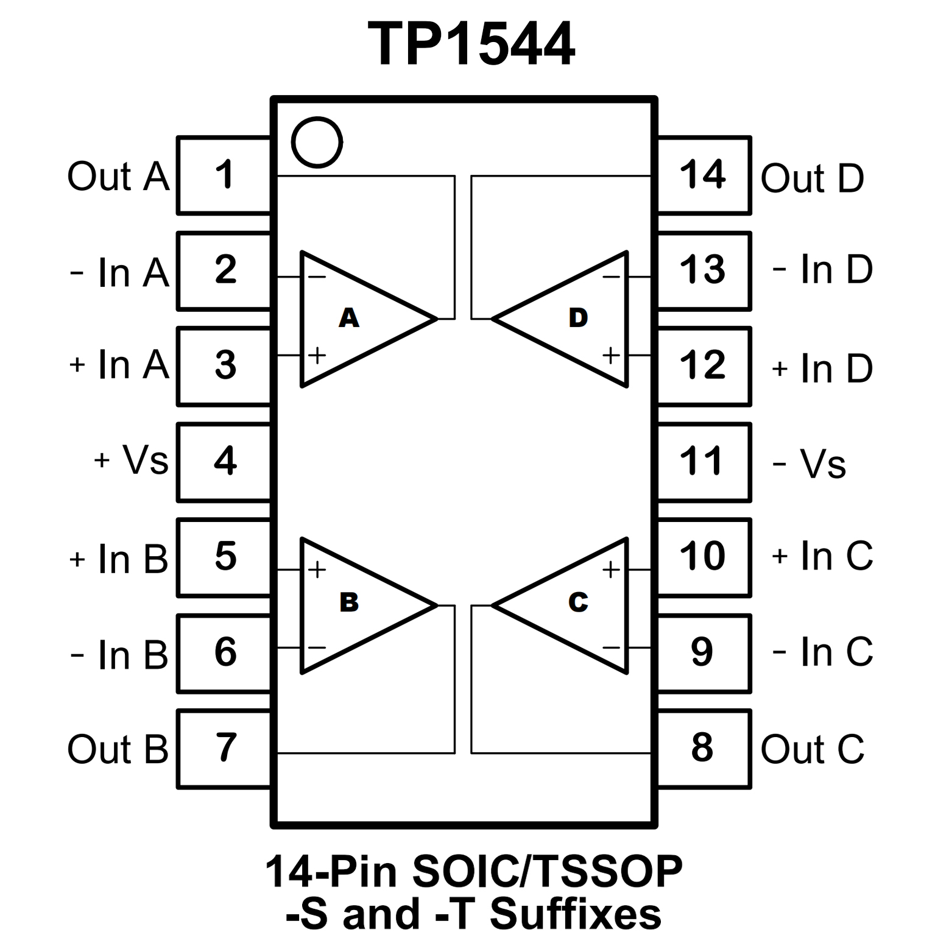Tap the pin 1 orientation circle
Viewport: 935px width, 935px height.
317,142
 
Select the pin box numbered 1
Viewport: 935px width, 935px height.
224,175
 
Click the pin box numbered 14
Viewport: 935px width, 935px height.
703,175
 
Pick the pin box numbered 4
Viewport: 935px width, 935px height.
224,462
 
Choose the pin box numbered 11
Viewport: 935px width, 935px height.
703,462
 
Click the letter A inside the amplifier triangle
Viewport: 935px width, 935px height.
349,317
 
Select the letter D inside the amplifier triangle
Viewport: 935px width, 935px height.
578,317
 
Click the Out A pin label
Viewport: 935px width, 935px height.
118,177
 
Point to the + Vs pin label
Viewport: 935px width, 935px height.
131,460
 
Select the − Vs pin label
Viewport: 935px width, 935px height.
810,464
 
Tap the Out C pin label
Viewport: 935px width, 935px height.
813,749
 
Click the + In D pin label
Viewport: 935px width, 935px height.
822,369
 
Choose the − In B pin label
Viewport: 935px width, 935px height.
119,655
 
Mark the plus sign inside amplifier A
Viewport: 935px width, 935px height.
317,355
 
